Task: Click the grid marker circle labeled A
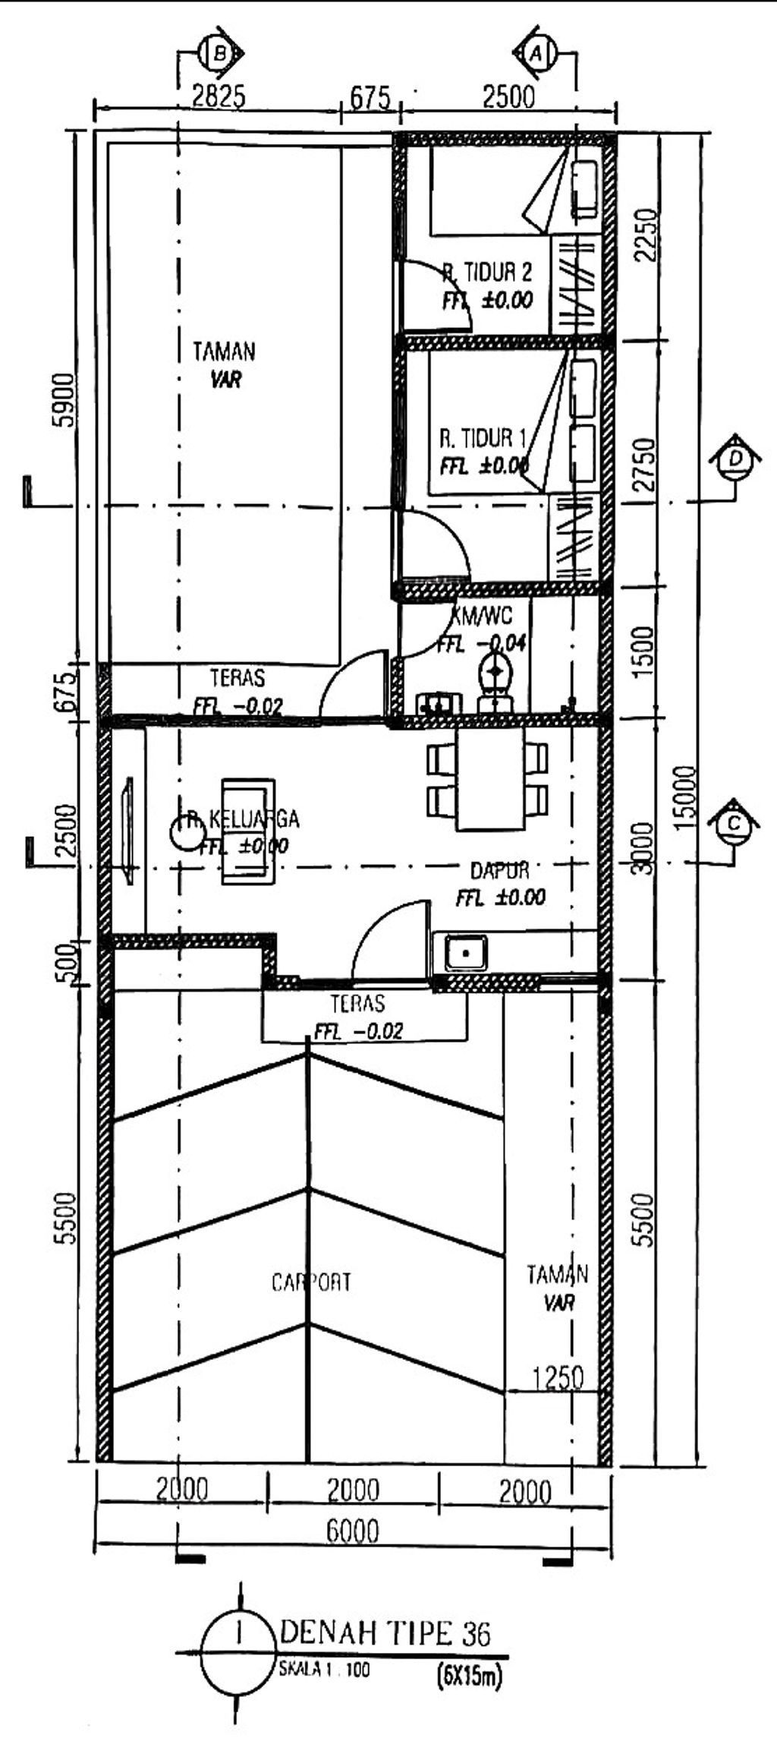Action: point(538,53)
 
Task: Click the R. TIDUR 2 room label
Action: point(487,272)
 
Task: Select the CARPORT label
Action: point(311,1282)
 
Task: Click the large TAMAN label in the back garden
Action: point(224,352)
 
